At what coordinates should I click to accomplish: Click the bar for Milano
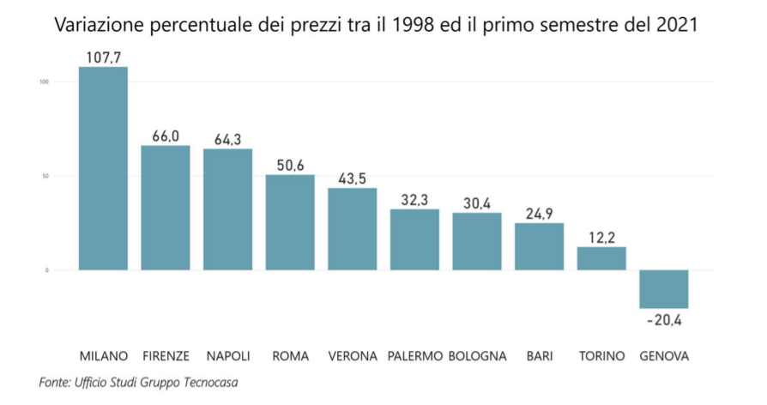coord(103,168)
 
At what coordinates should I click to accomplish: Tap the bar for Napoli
coord(227,209)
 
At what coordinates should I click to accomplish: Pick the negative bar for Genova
coord(664,289)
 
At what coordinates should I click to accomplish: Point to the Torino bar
coord(601,258)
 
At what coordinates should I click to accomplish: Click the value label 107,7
coord(103,57)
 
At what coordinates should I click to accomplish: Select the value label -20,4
coord(664,321)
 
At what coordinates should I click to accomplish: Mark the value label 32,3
coord(414,199)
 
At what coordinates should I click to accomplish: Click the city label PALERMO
coord(414,356)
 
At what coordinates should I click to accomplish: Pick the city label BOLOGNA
coord(477,356)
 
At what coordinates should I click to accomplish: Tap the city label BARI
coord(540,356)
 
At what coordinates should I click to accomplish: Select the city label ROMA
coord(290,356)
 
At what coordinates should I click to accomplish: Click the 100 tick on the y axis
coord(44,82)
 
